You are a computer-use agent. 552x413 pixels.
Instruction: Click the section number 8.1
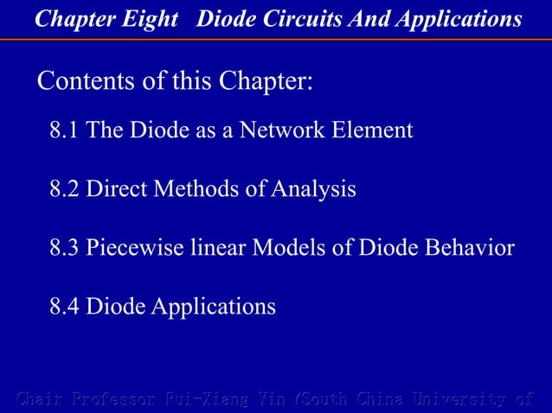(64, 131)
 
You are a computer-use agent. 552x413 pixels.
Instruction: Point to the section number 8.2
(64, 189)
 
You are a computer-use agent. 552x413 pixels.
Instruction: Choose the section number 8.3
(64, 248)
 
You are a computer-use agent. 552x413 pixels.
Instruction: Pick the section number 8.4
(64, 307)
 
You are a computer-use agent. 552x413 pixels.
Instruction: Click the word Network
(276, 131)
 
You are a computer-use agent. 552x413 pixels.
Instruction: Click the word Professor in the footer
(113, 399)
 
